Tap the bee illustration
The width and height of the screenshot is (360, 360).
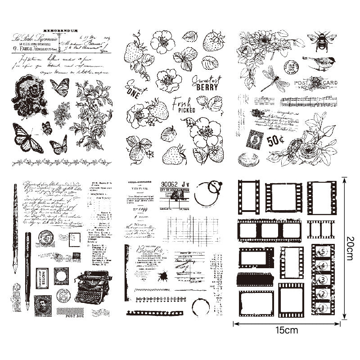(323, 40)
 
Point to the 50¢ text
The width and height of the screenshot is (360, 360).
(275, 141)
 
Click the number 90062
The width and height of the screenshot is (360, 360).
(170, 184)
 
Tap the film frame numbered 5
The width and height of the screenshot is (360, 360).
(322, 252)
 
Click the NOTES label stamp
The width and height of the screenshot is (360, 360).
(42, 278)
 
